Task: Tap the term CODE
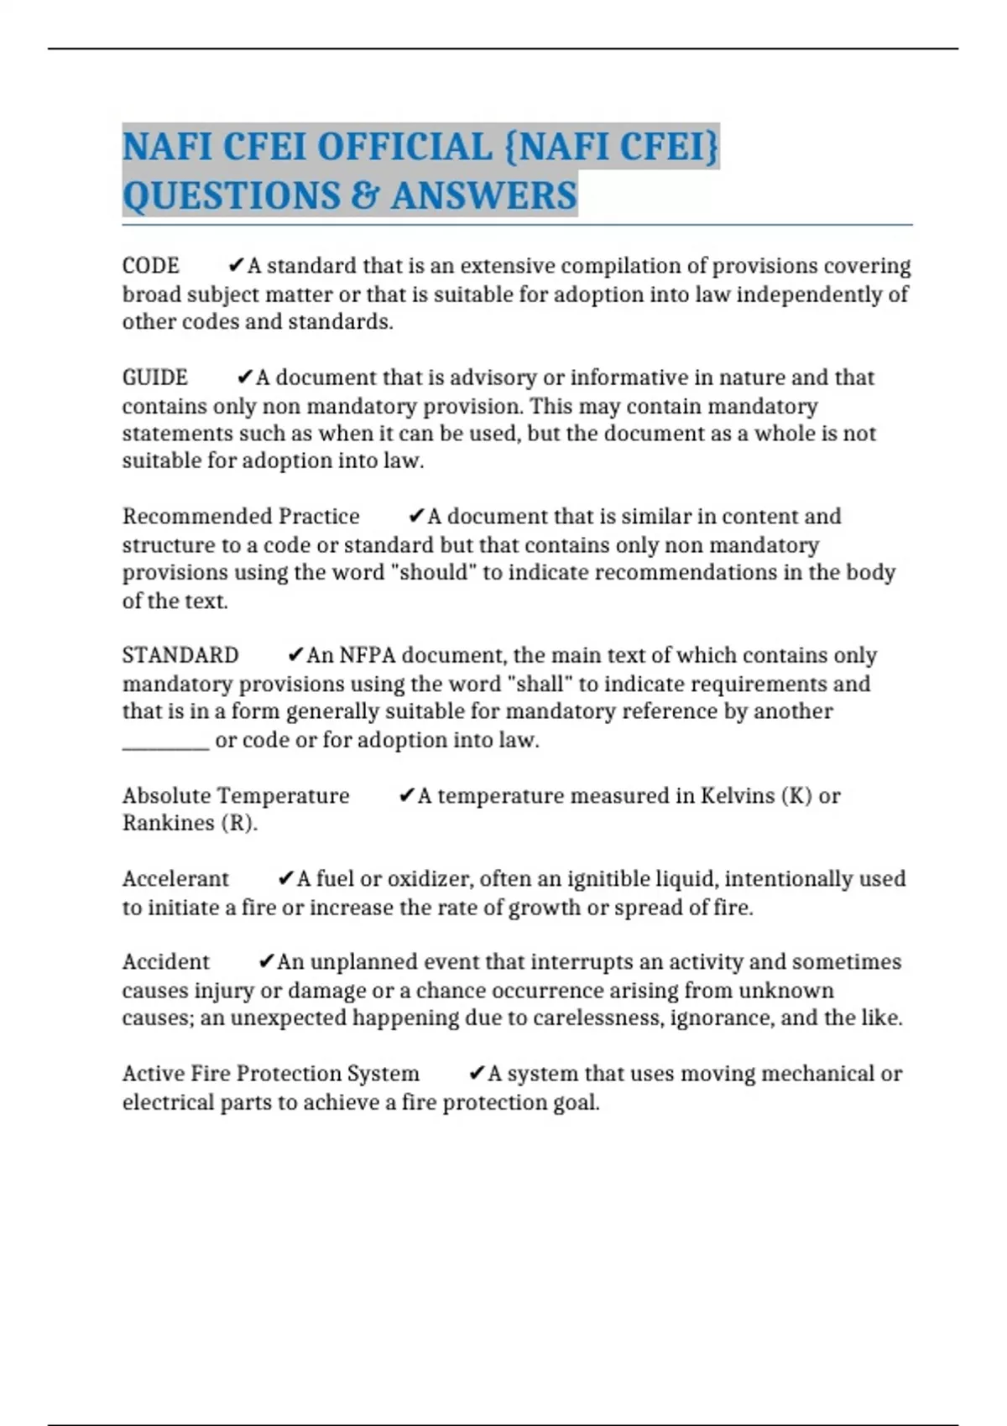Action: [151, 266]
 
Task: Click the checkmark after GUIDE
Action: [245, 377]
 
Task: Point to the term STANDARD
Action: [180, 655]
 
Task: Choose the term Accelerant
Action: [175, 878]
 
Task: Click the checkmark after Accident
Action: [266, 961]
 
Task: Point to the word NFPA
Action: [367, 655]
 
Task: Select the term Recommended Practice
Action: [241, 516]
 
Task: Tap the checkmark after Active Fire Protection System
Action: [476, 1073]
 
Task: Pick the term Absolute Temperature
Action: [236, 795]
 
